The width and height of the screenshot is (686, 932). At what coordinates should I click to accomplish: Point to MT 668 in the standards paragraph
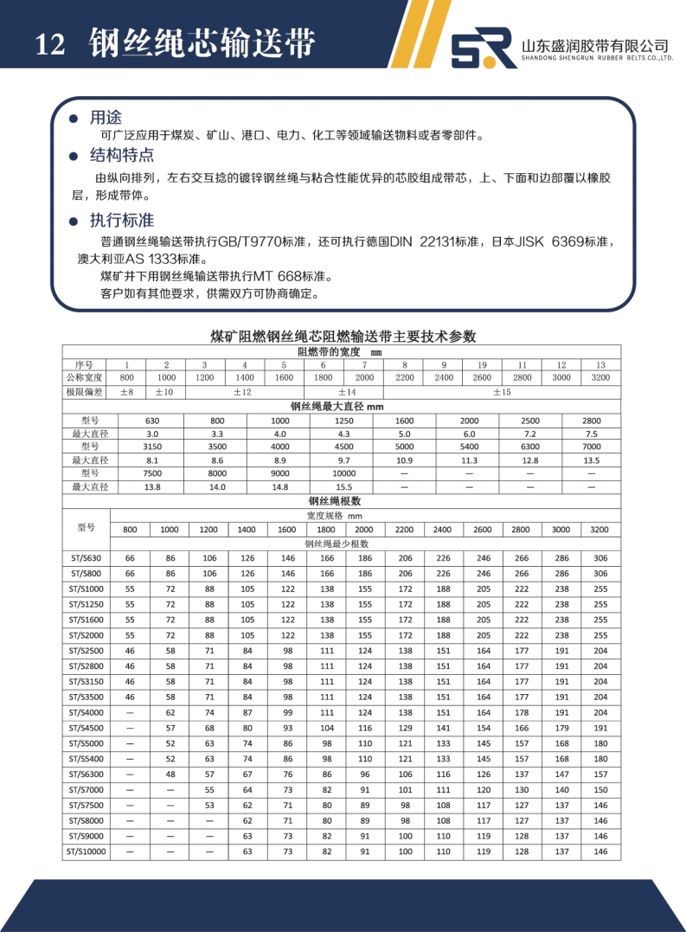[x=277, y=277]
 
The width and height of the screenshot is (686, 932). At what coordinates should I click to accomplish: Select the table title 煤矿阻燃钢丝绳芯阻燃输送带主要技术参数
[x=343, y=336]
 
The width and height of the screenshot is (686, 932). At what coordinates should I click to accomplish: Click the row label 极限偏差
[x=87, y=392]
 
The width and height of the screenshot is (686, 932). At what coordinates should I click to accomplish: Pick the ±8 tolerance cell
[x=126, y=392]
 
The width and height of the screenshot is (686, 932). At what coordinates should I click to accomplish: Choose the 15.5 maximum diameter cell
[x=343, y=487]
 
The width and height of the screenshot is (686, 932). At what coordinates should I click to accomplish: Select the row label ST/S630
[x=87, y=558]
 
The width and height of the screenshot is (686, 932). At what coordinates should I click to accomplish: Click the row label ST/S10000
[x=87, y=852]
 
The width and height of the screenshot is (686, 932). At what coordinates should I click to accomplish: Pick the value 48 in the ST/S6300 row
[x=170, y=775]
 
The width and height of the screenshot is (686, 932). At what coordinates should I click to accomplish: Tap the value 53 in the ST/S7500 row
[x=208, y=805]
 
